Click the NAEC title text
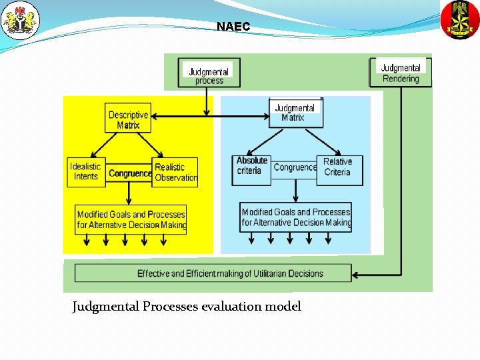coord(233,27)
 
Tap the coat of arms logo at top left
coord(20,21)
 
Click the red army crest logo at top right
coord(460,20)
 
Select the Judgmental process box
coord(209,75)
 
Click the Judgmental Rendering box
coord(401,73)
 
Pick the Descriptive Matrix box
coord(129,119)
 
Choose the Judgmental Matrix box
coord(295,113)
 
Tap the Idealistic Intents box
coord(86,171)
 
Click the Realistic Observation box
coord(175,172)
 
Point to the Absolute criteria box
coord(252,166)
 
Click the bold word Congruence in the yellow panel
coord(130,173)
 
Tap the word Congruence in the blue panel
coord(295,167)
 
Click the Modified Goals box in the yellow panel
coord(131,219)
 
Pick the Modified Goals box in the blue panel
coord(295,217)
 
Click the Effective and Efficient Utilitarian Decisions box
coord(213,273)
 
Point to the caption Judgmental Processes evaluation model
coord(187,307)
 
